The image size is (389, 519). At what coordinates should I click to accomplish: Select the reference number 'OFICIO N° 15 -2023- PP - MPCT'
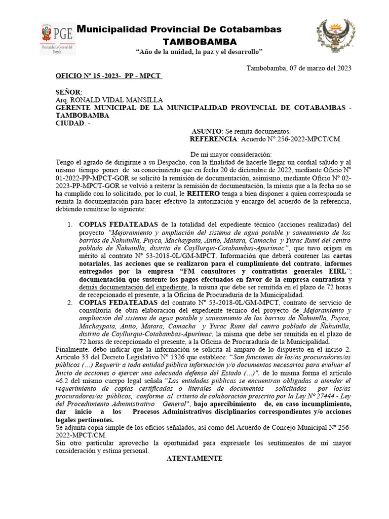[x=108, y=76]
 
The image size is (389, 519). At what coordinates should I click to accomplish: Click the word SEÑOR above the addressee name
[x=68, y=92]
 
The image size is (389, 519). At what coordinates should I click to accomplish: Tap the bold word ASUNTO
[x=206, y=131]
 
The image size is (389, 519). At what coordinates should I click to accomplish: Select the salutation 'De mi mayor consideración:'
[x=231, y=155]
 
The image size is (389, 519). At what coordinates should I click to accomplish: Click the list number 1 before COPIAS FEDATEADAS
[x=70, y=225]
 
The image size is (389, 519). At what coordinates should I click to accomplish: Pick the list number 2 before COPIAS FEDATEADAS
[x=70, y=303]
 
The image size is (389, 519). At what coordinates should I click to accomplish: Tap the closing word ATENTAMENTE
[x=194, y=458]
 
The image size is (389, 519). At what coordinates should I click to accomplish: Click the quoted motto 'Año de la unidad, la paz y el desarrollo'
[x=200, y=52]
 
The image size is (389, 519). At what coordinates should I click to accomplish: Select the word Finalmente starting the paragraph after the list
[x=73, y=350]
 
